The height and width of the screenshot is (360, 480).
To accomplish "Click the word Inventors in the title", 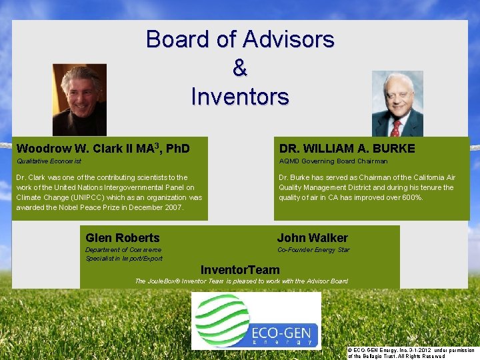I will (x=240, y=97).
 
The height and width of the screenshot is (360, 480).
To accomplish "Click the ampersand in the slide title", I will (x=240, y=68).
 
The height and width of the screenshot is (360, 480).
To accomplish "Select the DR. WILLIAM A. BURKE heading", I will (x=347, y=149).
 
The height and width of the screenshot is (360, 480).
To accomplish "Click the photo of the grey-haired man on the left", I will (x=79, y=100).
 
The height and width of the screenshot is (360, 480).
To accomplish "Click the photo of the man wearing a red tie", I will (x=397, y=103).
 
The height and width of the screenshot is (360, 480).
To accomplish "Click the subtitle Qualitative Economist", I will (x=49, y=161).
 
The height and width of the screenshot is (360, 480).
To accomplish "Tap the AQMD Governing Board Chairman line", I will (x=333, y=161).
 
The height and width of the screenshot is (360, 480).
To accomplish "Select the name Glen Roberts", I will (x=123, y=238).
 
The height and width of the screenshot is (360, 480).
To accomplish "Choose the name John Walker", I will (x=312, y=238).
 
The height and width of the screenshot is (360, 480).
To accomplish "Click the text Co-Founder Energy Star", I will (x=313, y=250).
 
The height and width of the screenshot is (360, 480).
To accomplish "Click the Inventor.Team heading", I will (x=240, y=269).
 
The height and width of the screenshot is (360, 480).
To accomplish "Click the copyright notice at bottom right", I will (x=411, y=353).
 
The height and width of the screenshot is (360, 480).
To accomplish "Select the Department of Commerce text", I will (x=123, y=250).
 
